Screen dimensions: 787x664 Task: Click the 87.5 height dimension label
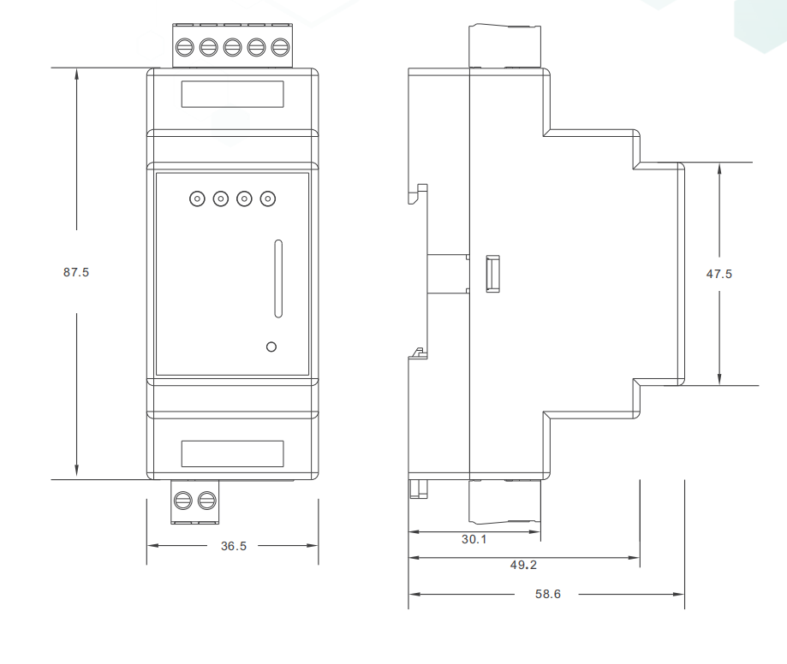(x=76, y=272)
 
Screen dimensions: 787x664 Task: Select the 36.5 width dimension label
(x=234, y=546)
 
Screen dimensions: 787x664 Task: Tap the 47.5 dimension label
(x=719, y=274)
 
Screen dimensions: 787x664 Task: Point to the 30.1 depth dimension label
(x=474, y=539)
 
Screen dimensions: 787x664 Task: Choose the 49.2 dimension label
(x=523, y=565)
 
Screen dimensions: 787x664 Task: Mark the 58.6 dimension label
(x=548, y=594)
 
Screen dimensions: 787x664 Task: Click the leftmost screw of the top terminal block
(x=185, y=48)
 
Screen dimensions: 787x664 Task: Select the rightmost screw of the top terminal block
(x=280, y=48)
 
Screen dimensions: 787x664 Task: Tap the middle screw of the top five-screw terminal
(x=232, y=48)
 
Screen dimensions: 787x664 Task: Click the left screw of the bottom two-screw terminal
(x=182, y=501)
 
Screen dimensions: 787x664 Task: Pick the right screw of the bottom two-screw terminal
(x=206, y=501)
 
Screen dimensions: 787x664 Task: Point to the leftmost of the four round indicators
(x=197, y=199)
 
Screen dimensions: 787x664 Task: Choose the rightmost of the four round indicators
(x=268, y=199)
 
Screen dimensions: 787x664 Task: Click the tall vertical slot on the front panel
(x=278, y=278)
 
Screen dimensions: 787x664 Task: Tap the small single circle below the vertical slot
(x=271, y=347)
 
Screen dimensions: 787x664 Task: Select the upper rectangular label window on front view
(x=232, y=94)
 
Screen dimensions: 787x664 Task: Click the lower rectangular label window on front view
(x=232, y=454)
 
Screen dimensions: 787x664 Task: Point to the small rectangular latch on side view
(x=492, y=274)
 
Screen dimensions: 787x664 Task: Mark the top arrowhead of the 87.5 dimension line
(x=77, y=74)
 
